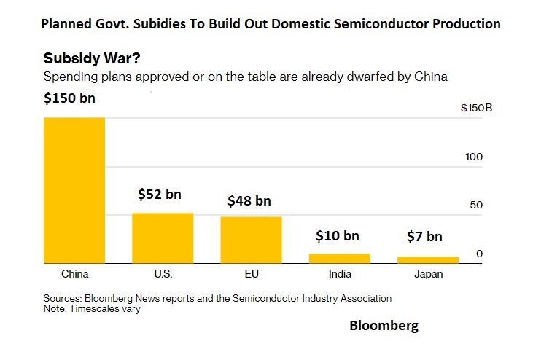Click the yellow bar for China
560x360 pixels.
[x=74, y=189]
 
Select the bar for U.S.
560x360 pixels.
[x=162, y=238]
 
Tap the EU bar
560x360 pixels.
[x=251, y=240]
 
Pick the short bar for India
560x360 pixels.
[x=340, y=258]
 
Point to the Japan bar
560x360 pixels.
[x=428, y=259]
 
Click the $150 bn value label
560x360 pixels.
[x=69, y=98]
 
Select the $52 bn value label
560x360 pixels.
[x=160, y=195]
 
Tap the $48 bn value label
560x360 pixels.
[x=249, y=200]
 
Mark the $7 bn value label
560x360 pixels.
[x=424, y=236]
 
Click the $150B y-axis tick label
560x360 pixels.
[x=477, y=109]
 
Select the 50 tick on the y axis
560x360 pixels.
[x=476, y=205]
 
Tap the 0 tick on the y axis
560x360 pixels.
[x=479, y=253]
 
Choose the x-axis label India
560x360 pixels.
[x=340, y=274]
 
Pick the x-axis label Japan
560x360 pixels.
[x=428, y=274]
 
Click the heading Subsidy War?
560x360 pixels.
[x=87, y=58]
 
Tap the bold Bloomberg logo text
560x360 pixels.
[x=384, y=326]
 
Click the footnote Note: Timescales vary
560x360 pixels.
[x=92, y=308]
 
